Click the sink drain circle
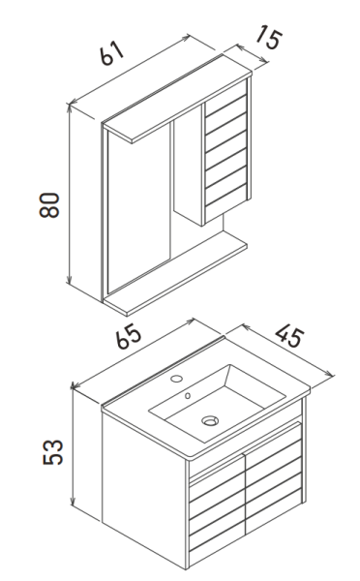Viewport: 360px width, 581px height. point(210,419)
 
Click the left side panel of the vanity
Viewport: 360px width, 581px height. point(145,484)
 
